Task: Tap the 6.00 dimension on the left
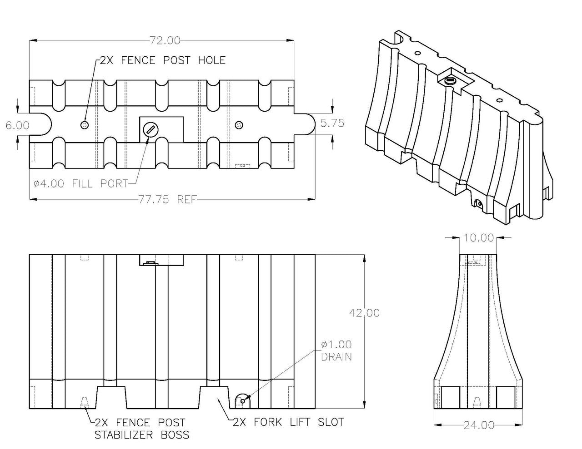coord(17,125)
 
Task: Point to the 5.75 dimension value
coord(332,123)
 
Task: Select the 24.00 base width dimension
coord(478,425)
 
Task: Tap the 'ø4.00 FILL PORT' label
coord(80,183)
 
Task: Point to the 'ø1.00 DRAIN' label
coord(336,350)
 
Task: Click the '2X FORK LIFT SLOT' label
coord(288,422)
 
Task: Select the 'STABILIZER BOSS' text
coord(141,435)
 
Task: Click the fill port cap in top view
coord(150,130)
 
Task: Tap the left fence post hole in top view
coord(84,125)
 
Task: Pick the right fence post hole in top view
coord(239,125)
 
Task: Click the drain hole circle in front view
coord(243,400)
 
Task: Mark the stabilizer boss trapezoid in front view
coord(84,402)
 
